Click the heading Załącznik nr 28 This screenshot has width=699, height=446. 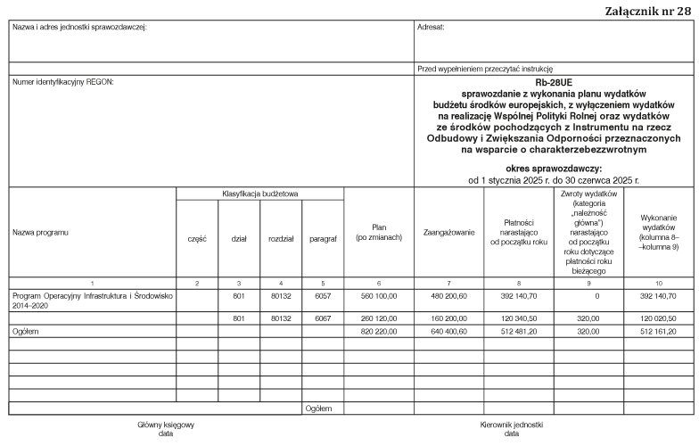[x=646, y=11]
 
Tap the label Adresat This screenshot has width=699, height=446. [x=431, y=27]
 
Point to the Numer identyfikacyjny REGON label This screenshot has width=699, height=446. [x=63, y=83]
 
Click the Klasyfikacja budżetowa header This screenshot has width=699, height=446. [x=259, y=194]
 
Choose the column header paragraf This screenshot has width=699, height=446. [x=322, y=238]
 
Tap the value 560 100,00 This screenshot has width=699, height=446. [x=378, y=294]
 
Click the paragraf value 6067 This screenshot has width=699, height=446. [x=322, y=317]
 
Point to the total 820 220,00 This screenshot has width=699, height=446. [x=378, y=330]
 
